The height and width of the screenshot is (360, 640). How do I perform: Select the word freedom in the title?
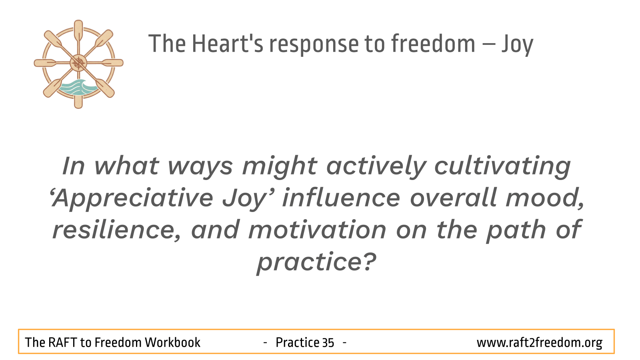(433, 43)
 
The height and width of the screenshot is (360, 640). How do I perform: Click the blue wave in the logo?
(78, 87)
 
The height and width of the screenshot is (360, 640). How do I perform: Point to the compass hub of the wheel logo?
(78, 63)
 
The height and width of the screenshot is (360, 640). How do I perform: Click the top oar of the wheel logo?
(78, 32)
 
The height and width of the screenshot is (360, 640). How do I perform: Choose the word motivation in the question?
(317, 230)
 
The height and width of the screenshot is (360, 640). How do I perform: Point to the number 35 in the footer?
(328, 343)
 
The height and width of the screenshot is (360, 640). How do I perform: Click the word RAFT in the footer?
(62, 342)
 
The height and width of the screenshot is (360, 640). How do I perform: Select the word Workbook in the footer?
(172, 342)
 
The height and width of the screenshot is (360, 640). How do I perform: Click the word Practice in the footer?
(297, 342)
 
